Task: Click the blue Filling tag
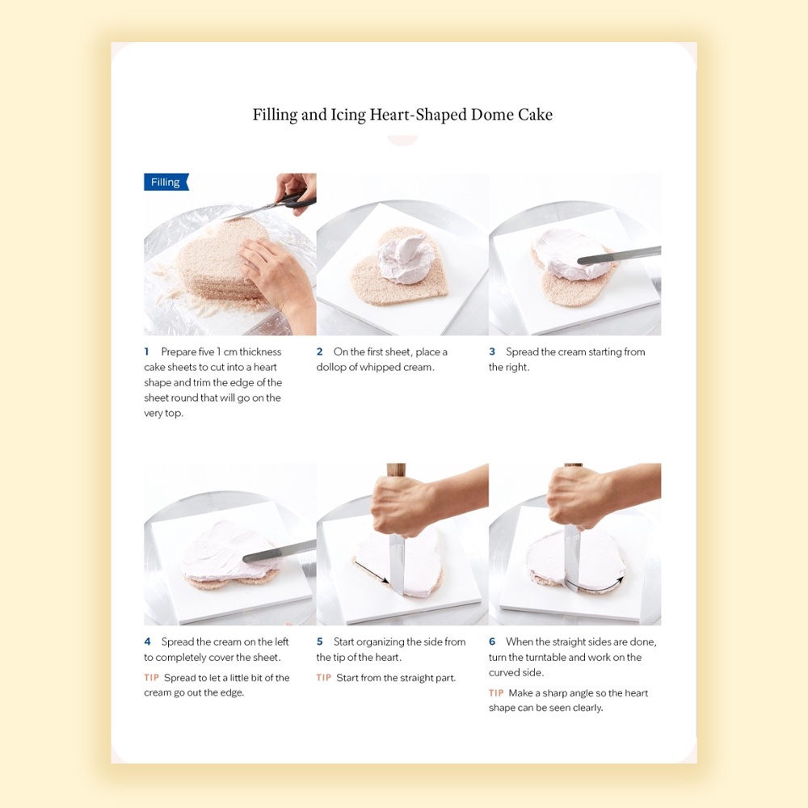(166, 182)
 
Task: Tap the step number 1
(147, 351)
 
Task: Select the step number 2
(319, 351)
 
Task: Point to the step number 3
(492, 351)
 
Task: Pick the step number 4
(147, 642)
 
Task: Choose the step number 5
(319, 642)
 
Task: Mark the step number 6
(492, 642)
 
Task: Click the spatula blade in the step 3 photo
(619, 255)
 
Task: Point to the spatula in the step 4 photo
(279, 550)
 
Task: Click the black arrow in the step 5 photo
(372, 573)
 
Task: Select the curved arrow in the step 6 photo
(592, 588)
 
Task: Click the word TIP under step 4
(152, 678)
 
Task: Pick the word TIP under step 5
(324, 678)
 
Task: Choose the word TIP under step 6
(496, 693)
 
